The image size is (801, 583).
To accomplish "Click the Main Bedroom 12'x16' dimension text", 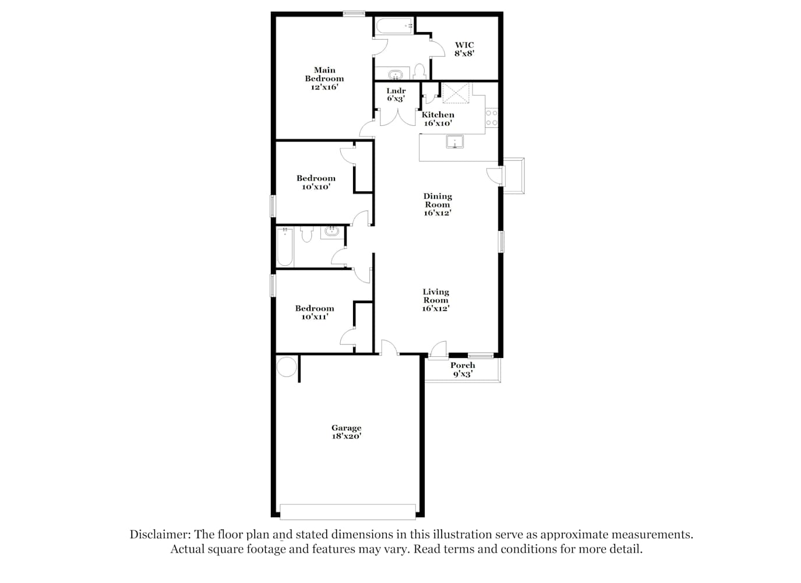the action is click(324, 87).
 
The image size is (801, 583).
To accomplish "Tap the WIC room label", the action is click(464, 45).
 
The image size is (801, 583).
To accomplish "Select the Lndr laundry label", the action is click(396, 91).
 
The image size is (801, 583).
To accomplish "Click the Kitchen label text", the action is click(437, 115).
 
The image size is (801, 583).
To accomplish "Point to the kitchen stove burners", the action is click(492, 118).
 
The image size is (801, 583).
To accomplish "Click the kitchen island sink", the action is click(454, 142).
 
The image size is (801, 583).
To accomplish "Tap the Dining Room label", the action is click(437, 201).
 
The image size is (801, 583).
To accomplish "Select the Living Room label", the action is click(436, 296).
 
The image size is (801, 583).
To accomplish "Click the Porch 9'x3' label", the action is click(463, 370).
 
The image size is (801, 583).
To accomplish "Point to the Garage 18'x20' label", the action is click(346, 431).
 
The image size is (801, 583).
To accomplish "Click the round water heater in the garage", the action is click(287, 367).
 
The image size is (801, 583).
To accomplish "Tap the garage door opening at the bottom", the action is click(348, 512).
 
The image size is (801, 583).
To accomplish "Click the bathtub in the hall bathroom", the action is click(285, 247).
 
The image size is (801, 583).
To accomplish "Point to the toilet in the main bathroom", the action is click(419, 72).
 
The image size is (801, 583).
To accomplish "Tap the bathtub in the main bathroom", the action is click(394, 26).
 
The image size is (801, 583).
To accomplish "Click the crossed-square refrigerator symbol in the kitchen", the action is click(456, 93).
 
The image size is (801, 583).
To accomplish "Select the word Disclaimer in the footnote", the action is click(160, 535).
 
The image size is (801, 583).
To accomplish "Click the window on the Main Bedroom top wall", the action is click(354, 14).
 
